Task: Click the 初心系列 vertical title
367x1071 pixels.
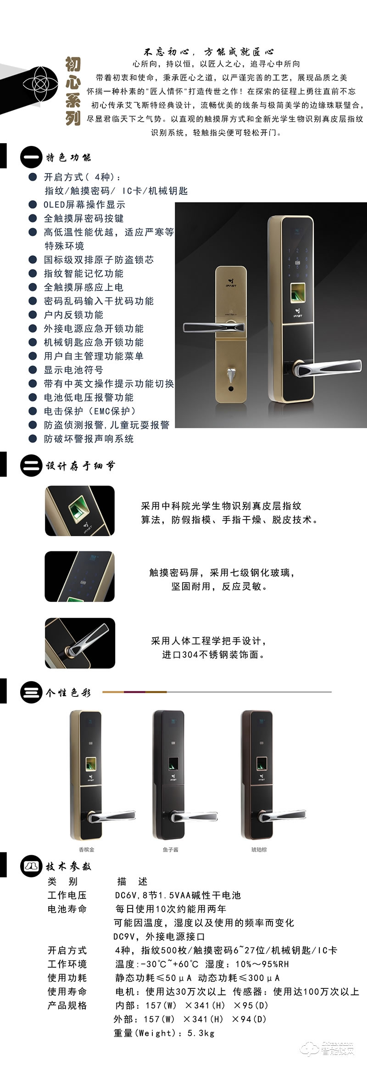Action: point(73,91)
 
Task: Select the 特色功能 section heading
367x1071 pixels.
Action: point(68,157)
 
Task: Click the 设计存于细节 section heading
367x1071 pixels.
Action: point(80,466)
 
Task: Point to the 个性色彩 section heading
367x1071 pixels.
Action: point(68,693)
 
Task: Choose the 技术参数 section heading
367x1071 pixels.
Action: point(68,866)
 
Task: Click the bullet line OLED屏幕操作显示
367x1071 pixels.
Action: point(84,205)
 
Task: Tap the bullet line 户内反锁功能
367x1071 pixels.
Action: point(73,315)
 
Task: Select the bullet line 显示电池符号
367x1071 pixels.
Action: point(73,370)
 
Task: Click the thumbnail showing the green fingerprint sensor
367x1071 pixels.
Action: point(80,511)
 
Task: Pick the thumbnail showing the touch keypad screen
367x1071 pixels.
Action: point(79,577)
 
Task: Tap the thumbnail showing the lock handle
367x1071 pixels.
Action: point(80,643)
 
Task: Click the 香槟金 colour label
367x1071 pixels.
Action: point(87,850)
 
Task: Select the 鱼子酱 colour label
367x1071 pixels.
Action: point(170,850)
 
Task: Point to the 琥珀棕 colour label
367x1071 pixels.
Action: point(259,850)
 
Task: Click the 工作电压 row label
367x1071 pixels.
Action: point(67,895)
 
